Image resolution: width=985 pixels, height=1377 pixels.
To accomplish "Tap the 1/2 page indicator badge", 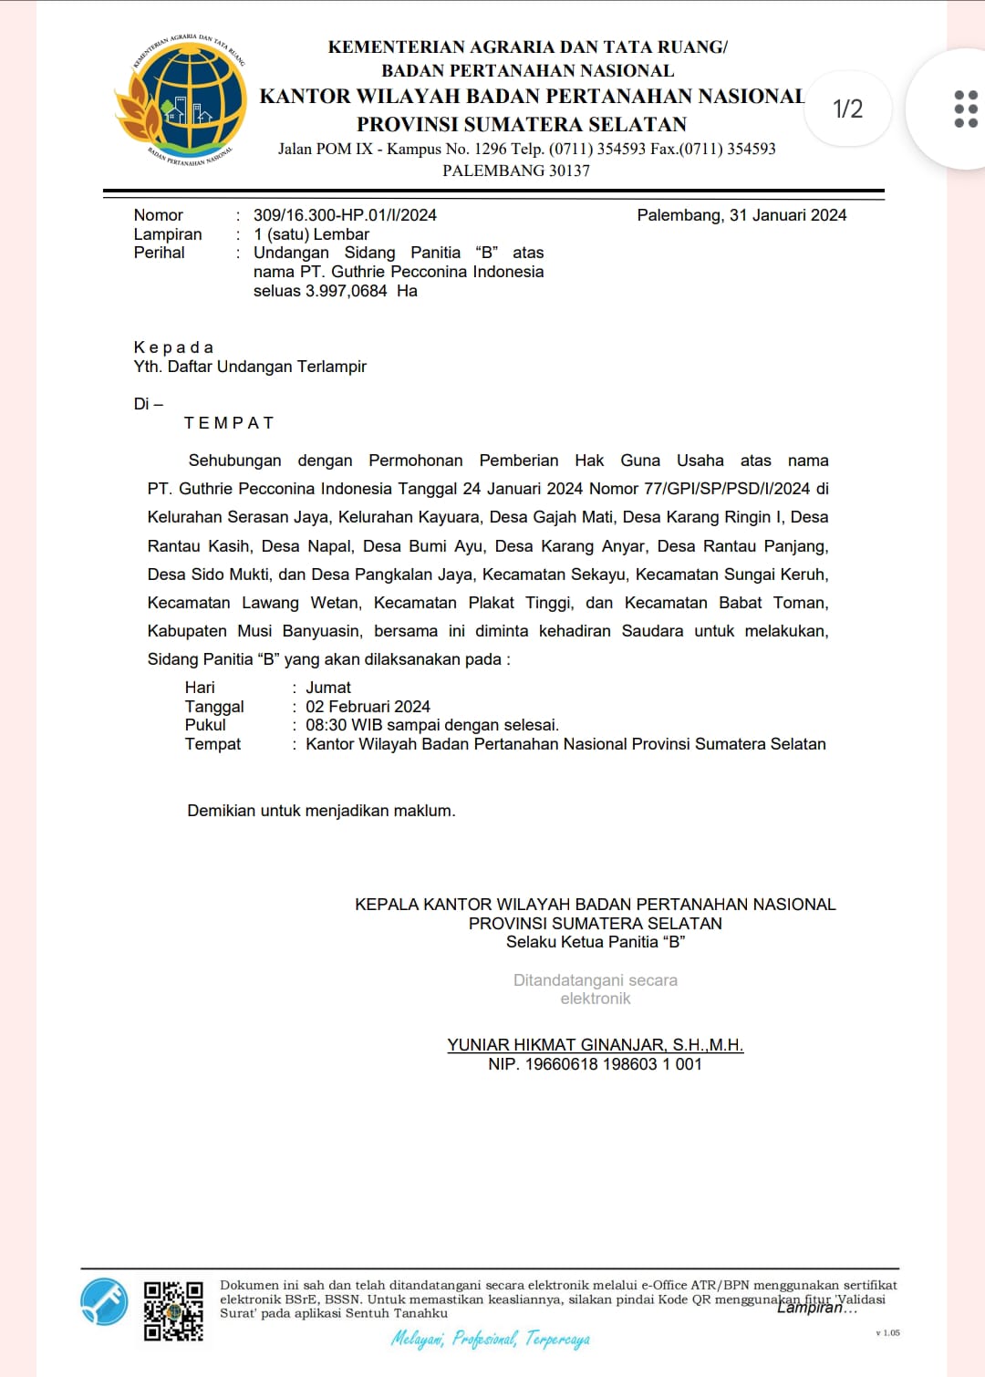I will coord(847,109).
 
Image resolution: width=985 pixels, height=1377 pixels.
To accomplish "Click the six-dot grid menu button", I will coord(965,109).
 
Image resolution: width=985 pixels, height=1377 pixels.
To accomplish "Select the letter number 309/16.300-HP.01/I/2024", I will coord(345,215).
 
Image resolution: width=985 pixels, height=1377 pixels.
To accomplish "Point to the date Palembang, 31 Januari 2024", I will coord(741,215).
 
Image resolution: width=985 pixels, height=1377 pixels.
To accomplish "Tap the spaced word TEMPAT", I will coord(229,423).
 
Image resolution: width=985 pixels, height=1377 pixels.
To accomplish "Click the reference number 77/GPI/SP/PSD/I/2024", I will coord(726,489).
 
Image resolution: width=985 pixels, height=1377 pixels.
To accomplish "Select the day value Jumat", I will coord(328,688).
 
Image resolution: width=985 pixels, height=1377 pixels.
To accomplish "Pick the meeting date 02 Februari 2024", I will coord(368,707).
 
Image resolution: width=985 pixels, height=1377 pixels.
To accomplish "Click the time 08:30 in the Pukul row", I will coord(326,725).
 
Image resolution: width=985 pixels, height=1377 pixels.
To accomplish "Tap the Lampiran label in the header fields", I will coord(168,234).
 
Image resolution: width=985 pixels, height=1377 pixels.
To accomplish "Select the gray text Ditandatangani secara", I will coord(595,980).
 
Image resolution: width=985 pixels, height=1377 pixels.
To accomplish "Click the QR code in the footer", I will coord(173,1311).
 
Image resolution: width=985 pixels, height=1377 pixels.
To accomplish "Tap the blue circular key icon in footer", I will coord(104,1301).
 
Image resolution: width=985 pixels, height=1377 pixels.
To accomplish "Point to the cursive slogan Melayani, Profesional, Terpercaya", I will coord(491,1339).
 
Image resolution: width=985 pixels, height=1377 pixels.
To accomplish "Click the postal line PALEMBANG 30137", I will coord(516,171).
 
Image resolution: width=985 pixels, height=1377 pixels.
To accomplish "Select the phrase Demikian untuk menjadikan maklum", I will coord(321,811).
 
